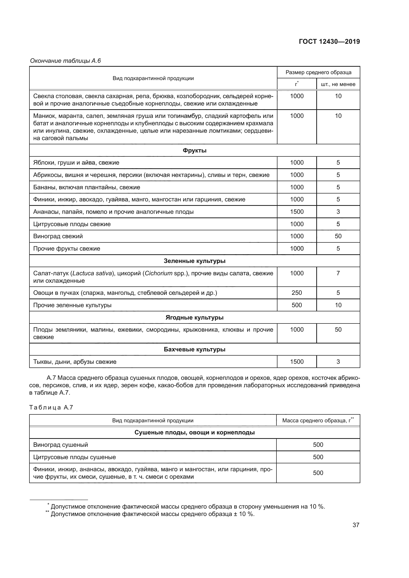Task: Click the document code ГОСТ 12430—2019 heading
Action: pyautogui.click(x=329, y=42)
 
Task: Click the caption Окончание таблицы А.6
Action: pyautogui.click(x=65, y=61)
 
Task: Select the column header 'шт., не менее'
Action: pyautogui.click(x=338, y=84)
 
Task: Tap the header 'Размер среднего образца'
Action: pyautogui.click(x=318, y=72)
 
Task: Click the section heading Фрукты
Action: pyautogui.click(x=194, y=150)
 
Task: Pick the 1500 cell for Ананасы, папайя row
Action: pyautogui.click(x=297, y=212)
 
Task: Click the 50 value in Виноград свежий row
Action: pyautogui.click(x=338, y=236)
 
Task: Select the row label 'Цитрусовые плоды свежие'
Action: pyautogui.click(x=72, y=224)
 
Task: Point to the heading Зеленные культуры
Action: pyautogui.click(x=194, y=261)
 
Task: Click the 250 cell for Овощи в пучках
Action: pyautogui.click(x=297, y=293)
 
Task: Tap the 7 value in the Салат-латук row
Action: pyautogui.click(x=338, y=273)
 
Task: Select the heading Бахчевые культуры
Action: pyautogui.click(x=194, y=349)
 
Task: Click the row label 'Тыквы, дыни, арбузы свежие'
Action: pyautogui.click(x=75, y=362)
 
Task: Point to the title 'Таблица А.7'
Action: pyautogui.click(x=51, y=407)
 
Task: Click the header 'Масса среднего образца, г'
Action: pyautogui.click(x=318, y=420)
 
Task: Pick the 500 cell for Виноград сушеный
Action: pyautogui.click(x=318, y=445)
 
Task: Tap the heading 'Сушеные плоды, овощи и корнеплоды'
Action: pyautogui.click(x=194, y=432)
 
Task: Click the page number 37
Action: pyautogui.click(x=356, y=525)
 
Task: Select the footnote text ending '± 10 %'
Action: pyautogui.click(x=152, y=514)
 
